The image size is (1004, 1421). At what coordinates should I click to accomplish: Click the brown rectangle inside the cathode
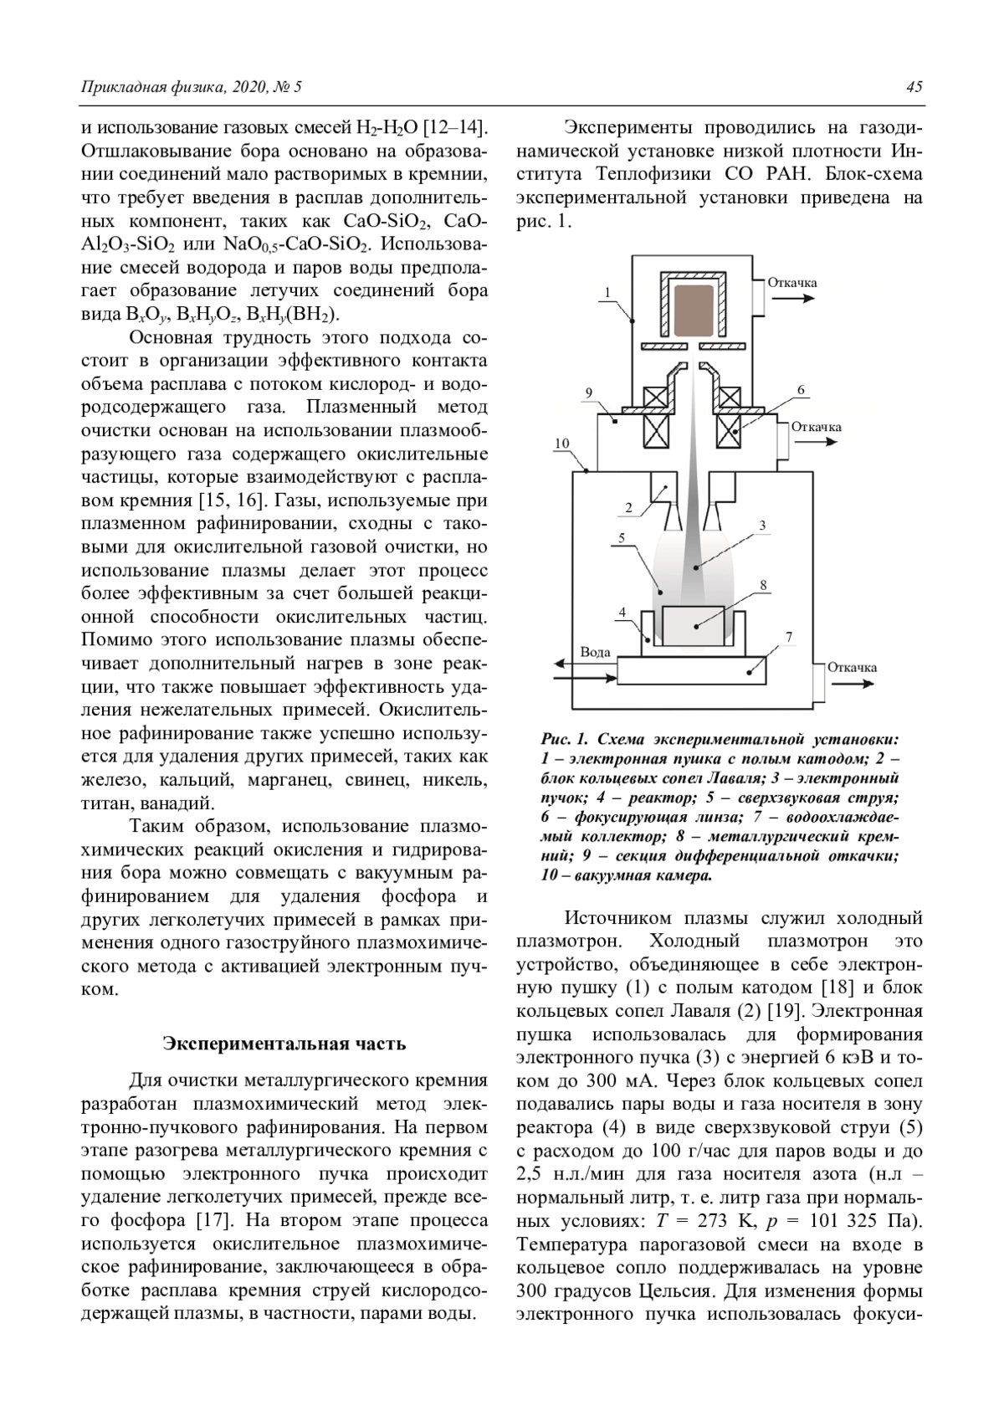click(x=693, y=305)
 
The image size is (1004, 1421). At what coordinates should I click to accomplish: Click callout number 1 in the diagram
click(x=607, y=292)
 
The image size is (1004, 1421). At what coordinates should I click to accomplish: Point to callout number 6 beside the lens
click(x=801, y=390)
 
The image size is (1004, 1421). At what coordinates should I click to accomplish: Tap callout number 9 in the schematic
click(x=589, y=392)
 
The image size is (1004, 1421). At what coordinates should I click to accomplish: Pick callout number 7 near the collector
click(x=789, y=638)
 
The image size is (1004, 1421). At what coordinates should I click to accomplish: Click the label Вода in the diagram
click(x=595, y=652)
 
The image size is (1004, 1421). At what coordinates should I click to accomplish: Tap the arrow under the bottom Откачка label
click(x=853, y=684)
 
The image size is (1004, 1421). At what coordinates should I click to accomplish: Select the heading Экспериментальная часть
click(x=284, y=1044)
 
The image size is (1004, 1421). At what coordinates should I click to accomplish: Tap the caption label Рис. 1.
click(x=566, y=740)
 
